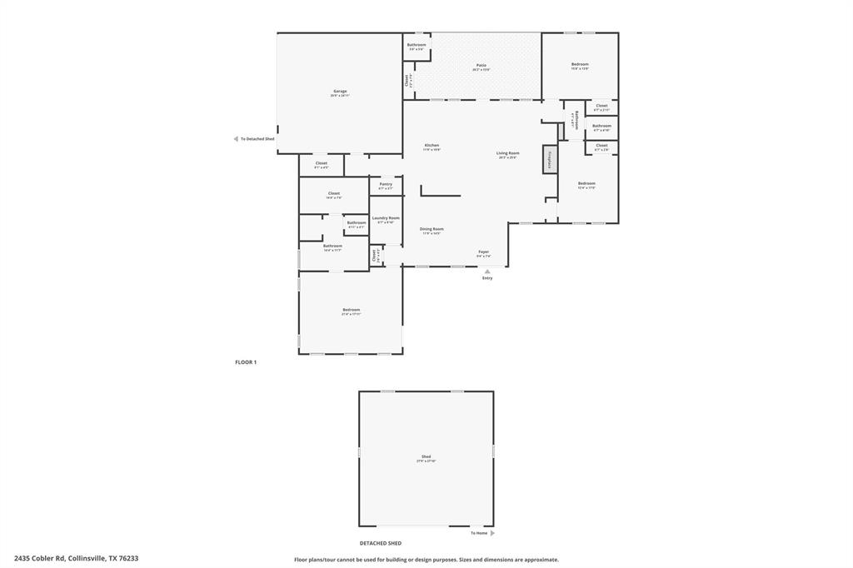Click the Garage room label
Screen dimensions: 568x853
click(340, 92)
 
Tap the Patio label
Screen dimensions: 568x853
click(481, 65)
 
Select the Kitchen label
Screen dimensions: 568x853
click(431, 146)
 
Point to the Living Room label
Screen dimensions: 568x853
click(508, 153)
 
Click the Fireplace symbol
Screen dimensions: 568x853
click(550, 158)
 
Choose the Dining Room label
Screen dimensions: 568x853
click(431, 229)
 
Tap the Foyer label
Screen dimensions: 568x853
click(483, 252)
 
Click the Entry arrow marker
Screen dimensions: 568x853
click(487, 271)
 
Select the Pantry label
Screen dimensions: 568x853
click(386, 184)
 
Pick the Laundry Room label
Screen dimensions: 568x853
click(386, 218)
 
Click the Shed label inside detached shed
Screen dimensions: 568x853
click(426, 456)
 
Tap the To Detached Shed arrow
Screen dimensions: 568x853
click(236, 139)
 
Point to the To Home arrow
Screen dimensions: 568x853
click(492, 533)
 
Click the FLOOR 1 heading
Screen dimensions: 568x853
click(246, 362)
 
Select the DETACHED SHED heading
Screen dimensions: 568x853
click(381, 543)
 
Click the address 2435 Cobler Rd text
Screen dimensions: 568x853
click(76, 558)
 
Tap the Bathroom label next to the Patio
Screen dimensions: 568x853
click(417, 45)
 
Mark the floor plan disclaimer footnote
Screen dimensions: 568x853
click(426, 560)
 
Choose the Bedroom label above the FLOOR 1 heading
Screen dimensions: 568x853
click(351, 310)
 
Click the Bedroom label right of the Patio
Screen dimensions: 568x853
click(580, 64)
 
